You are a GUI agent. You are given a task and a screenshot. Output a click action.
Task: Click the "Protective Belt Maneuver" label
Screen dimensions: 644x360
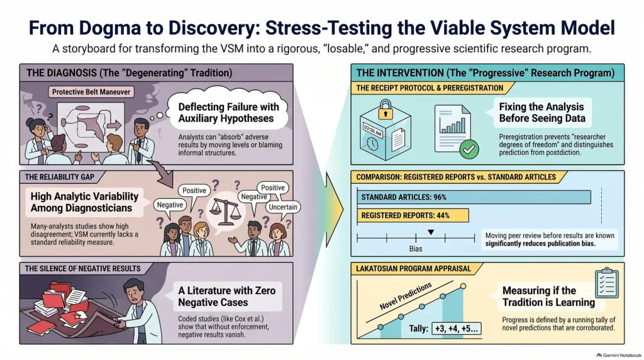(x=91, y=92)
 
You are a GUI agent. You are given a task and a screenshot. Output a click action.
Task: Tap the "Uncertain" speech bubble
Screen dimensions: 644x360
(x=283, y=207)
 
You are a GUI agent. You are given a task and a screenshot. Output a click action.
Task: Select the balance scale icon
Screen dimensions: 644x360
(x=225, y=210)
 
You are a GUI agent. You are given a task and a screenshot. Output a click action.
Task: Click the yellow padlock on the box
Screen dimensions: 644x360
(x=386, y=110)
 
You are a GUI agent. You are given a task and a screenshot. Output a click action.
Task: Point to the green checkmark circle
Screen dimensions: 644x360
(x=469, y=149)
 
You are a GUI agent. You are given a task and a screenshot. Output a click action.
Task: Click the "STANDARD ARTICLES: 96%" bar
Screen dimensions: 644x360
(x=474, y=197)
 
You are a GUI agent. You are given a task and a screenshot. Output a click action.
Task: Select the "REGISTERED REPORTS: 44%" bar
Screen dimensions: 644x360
(x=413, y=215)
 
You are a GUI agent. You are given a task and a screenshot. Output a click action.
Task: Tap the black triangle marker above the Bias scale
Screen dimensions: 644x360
(x=431, y=233)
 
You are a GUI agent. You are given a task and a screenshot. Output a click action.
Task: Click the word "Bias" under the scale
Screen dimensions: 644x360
(x=416, y=249)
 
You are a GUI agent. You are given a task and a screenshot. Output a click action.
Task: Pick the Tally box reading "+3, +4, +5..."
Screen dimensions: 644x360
(x=457, y=329)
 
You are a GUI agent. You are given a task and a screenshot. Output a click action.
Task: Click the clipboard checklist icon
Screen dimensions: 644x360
(x=607, y=283)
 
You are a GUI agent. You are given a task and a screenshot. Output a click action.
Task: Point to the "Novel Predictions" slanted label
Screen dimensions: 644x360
(x=406, y=296)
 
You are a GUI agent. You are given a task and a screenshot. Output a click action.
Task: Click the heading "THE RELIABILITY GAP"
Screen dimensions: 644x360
(x=60, y=177)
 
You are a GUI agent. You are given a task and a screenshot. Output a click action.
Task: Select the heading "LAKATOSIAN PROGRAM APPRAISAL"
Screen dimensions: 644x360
(x=413, y=269)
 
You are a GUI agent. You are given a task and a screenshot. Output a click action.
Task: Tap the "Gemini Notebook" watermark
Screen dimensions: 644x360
(x=619, y=355)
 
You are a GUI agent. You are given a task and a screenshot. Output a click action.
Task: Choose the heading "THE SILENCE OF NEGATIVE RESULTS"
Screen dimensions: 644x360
(x=82, y=269)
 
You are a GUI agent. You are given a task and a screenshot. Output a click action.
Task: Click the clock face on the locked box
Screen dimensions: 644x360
(x=372, y=143)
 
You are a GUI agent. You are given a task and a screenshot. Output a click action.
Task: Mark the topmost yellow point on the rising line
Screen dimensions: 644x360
(x=463, y=286)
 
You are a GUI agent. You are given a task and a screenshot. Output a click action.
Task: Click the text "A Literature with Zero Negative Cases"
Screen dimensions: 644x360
(x=226, y=296)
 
